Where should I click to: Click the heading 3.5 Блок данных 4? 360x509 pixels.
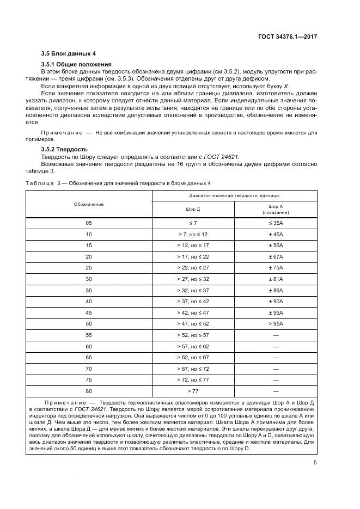pos(69,54)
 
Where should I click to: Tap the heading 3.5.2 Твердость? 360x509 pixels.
pos(64,149)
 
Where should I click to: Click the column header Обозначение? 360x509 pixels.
pos(89,204)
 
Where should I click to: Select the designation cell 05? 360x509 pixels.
pos(89,223)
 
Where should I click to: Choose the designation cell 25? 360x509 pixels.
pos(89,267)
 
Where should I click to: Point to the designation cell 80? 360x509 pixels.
pos(89,391)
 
